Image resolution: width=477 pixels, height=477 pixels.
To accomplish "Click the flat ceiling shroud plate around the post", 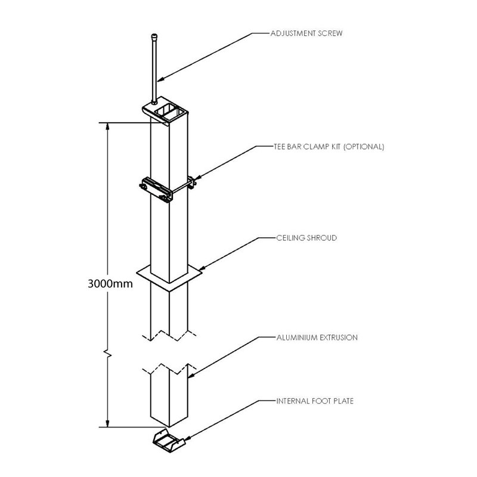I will point(149,277).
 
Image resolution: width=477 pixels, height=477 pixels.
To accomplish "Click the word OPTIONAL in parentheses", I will point(364,146).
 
